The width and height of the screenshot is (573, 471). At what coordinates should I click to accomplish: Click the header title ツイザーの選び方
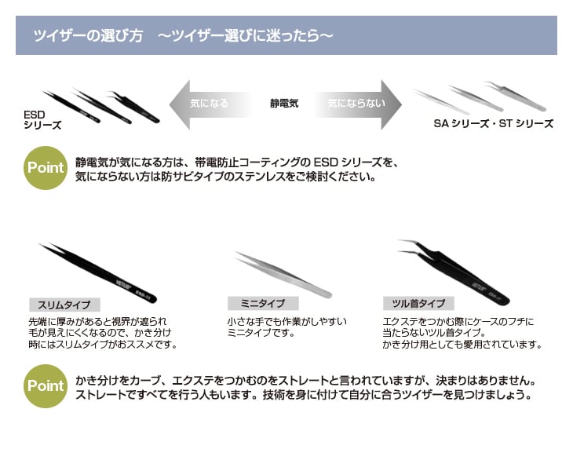point(87,36)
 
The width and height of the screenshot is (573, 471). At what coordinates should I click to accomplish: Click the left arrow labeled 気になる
point(208,103)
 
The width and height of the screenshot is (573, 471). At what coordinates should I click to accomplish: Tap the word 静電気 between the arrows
point(283,103)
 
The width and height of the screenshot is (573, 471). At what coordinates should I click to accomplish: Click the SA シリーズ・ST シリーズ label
point(493,123)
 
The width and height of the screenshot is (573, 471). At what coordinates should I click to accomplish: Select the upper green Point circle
point(46,168)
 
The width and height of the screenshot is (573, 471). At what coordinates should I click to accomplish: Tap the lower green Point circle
point(46,385)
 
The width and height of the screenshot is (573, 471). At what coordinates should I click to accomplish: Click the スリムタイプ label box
point(64,305)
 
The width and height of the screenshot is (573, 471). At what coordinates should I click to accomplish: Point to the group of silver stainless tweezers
point(479,97)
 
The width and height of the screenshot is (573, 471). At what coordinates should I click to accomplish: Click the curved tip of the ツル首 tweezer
point(403,244)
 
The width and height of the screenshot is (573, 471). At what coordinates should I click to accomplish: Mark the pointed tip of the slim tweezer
point(41,246)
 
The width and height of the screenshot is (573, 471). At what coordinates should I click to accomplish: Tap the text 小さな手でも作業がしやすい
point(286,322)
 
